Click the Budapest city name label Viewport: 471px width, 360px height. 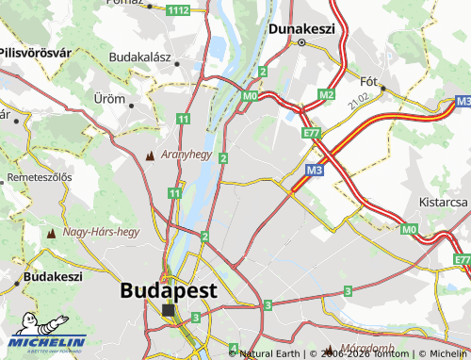(169, 290)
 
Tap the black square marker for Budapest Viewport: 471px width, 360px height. (169, 310)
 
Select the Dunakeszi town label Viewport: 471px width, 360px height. (301, 29)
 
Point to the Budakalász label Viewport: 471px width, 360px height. (139, 57)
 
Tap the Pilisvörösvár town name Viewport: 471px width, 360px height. (36, 53)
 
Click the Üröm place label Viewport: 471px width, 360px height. (109, 98)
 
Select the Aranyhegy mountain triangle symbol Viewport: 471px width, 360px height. (150, 155)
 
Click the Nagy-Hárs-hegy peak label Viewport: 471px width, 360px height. (101, 231)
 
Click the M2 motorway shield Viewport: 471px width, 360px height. (327, 94)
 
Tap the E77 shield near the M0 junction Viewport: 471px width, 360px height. (312, 135)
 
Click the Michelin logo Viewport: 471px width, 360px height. (43, 343)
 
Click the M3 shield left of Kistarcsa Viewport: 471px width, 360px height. (315, 170)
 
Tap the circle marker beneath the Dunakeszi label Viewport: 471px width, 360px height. (301, 43)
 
